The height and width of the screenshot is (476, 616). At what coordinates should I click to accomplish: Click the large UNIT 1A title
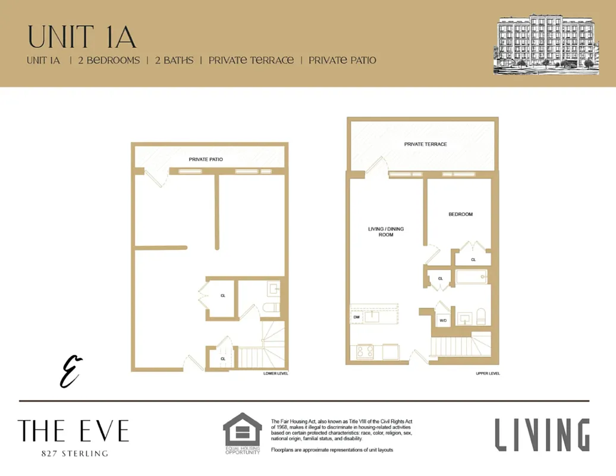(x=82, y=36)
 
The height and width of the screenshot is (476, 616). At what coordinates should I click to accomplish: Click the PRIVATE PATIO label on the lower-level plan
(x=206, y=159)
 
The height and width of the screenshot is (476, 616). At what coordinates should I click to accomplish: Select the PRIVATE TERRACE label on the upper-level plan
(x=425, y=144)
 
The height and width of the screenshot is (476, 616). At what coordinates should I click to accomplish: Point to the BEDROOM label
(x=460, y=214)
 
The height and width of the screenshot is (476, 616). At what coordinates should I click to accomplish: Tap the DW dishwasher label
(x=357, y=317)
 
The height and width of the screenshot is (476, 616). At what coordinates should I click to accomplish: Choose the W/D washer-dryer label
(x=442, y=321)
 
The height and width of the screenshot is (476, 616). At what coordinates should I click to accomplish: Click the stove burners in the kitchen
(x=364, y=352)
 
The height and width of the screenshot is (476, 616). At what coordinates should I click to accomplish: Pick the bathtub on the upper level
(x=472, y=277)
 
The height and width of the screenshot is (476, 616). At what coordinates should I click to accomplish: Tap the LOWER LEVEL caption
(x=275, y=374)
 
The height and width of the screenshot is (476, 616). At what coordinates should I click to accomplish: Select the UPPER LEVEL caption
(x=488, y=374)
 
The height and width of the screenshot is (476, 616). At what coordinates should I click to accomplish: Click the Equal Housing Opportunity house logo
(x=242, y=430)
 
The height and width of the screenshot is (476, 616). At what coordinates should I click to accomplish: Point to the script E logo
(x=71, y=371)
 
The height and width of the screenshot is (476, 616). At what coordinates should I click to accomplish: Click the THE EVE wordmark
(x=73, y=431)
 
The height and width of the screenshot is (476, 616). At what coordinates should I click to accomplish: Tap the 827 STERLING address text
(x=74, y=453)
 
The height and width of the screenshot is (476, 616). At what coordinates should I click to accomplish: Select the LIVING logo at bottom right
(x=542, y=434)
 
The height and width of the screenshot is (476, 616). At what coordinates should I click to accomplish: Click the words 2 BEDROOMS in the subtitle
(x=109, y=60)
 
